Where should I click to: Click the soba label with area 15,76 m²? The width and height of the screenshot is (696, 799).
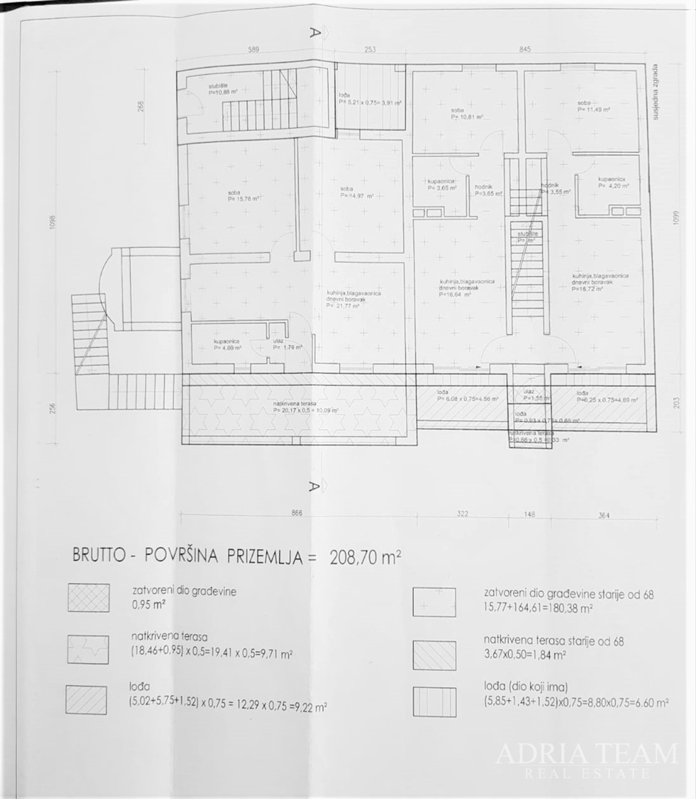pos(238,195)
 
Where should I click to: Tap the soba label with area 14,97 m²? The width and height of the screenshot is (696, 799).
pos(356,192)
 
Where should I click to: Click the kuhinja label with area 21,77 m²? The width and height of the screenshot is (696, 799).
pos(354,298)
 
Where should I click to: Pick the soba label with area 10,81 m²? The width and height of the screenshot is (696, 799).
pos(467,114)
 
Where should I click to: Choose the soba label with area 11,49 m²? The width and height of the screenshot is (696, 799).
pos(594,106)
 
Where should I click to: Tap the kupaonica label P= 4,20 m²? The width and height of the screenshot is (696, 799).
pos(614,183)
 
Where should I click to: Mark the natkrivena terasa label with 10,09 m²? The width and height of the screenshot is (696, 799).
pos(305,407)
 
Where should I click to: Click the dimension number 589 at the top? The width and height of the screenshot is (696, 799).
pos(253,50)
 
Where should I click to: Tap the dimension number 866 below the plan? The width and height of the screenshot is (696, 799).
pos(298,513)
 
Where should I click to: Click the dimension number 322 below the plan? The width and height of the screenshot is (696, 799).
pos(464,513)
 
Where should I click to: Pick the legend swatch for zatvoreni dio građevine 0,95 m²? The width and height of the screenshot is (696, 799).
pos(89,598)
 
